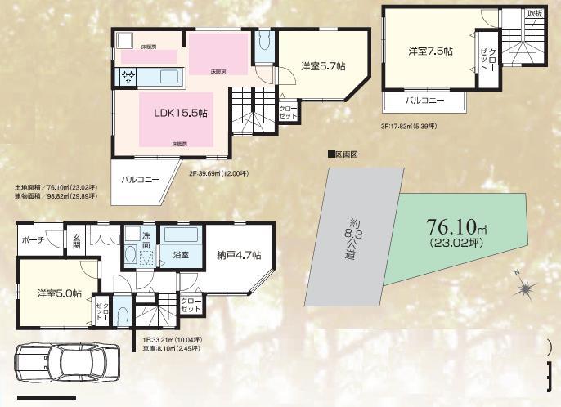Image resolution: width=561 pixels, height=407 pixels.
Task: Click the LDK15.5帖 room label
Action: (180, 114)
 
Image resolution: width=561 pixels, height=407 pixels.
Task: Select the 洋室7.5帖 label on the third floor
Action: (430, 51)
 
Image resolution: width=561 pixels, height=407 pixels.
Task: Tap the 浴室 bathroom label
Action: (180, 255)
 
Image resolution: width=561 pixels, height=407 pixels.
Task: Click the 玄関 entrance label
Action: (76, 239)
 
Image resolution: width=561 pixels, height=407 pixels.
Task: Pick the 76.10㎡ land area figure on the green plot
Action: (456, 226)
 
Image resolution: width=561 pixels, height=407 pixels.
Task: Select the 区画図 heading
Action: (343, 154)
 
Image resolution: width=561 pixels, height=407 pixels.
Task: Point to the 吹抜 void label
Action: (534, 14)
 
